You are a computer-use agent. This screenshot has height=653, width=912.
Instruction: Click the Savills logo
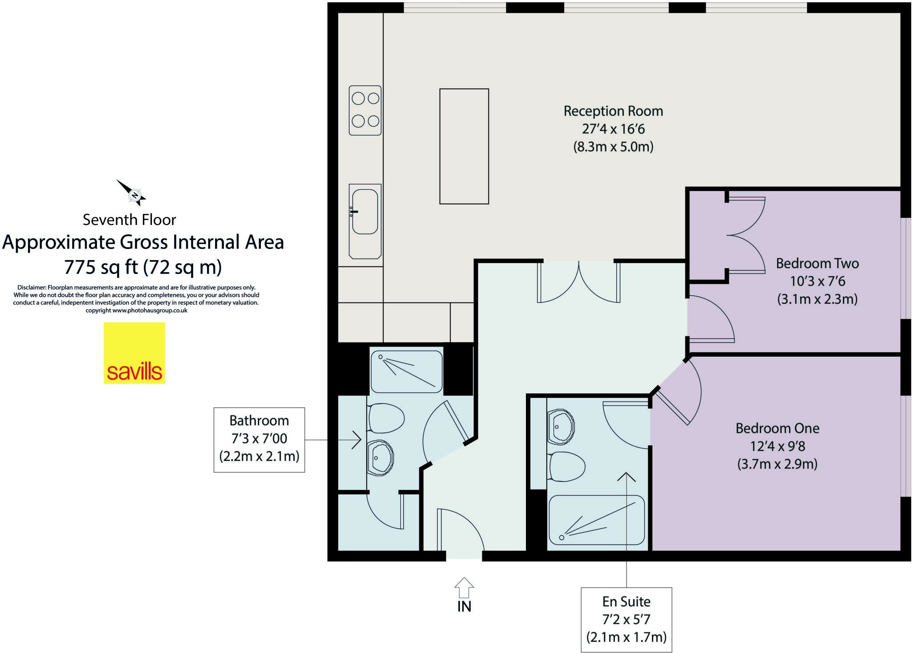[134, 353]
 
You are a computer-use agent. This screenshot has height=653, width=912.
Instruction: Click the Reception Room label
[613, 111]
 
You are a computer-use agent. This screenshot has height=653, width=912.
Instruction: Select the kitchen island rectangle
[464, 146]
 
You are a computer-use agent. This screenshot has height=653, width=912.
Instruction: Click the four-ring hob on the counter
[365, 110]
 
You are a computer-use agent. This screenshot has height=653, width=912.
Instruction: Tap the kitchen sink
[365, 212]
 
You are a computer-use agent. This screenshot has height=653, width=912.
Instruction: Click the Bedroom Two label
[817, 263]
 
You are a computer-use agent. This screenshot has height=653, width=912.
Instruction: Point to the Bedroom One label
[777, 428]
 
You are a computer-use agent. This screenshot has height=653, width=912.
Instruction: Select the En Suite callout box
[626, 620]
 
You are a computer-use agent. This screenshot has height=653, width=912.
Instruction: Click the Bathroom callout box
[259, 439]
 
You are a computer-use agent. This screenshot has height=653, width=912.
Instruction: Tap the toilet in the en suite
[566, 466]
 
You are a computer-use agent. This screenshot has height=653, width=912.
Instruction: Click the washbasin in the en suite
[560, 427]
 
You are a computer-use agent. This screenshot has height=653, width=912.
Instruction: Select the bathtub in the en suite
[597, 520]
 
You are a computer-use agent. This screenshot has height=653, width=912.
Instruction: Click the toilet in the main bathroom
[386, 418]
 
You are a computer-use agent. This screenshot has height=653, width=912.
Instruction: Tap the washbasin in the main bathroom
[380, 457]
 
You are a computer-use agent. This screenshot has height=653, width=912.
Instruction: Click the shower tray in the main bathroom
[407, 371]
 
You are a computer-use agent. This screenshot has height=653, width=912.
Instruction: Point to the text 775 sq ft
[101, 267]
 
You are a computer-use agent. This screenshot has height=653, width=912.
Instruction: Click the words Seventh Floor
[129, 220]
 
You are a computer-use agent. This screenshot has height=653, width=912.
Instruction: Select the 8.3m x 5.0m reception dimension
[613, 147]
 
